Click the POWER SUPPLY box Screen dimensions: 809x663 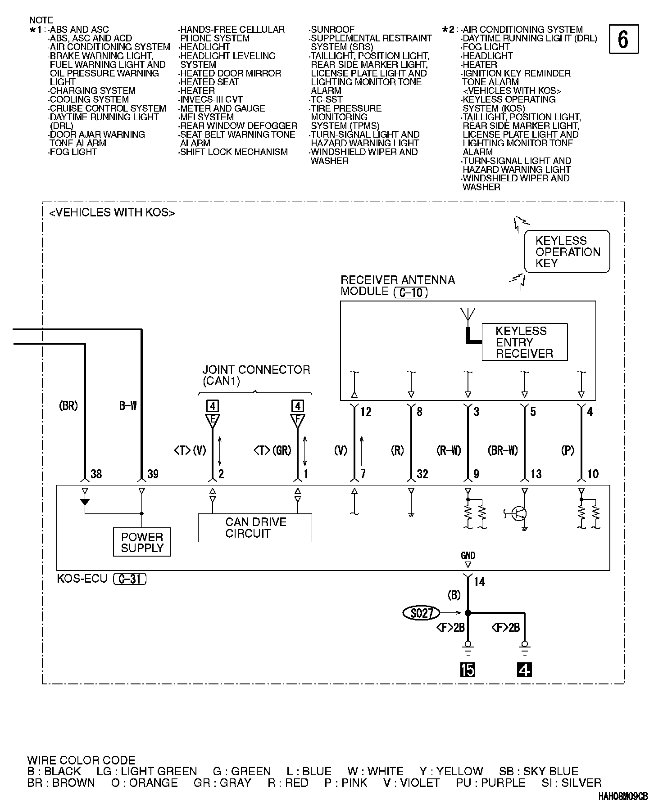point(142,542)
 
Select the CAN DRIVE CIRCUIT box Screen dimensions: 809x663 point(255,528)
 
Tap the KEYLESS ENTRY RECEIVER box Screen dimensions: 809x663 point(524,342)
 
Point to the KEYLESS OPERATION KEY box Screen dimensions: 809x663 point(567,252)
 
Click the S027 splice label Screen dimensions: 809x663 point(421,612)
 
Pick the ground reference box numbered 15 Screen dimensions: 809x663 point(468,670)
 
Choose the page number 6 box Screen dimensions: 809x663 point(623,40)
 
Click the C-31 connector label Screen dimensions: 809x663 point(130,579)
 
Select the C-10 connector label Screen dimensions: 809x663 point(410,292)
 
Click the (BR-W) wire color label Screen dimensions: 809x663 point(503,450)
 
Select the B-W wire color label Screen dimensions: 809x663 point(128,406)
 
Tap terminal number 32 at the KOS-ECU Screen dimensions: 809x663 point(422,474)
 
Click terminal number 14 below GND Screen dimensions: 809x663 point(479,582)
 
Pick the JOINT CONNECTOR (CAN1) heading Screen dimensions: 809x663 point(256,375)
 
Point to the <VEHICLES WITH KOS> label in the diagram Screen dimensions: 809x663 point(112,213)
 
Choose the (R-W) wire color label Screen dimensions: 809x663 point(449,450)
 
